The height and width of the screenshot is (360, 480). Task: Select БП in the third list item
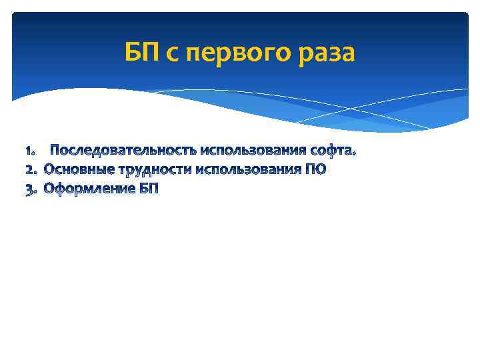click(x=150, y=189)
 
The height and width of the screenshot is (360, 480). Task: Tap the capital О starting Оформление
click(x=50, y=189)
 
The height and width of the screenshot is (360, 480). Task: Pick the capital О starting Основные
click(x=50, y=169)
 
